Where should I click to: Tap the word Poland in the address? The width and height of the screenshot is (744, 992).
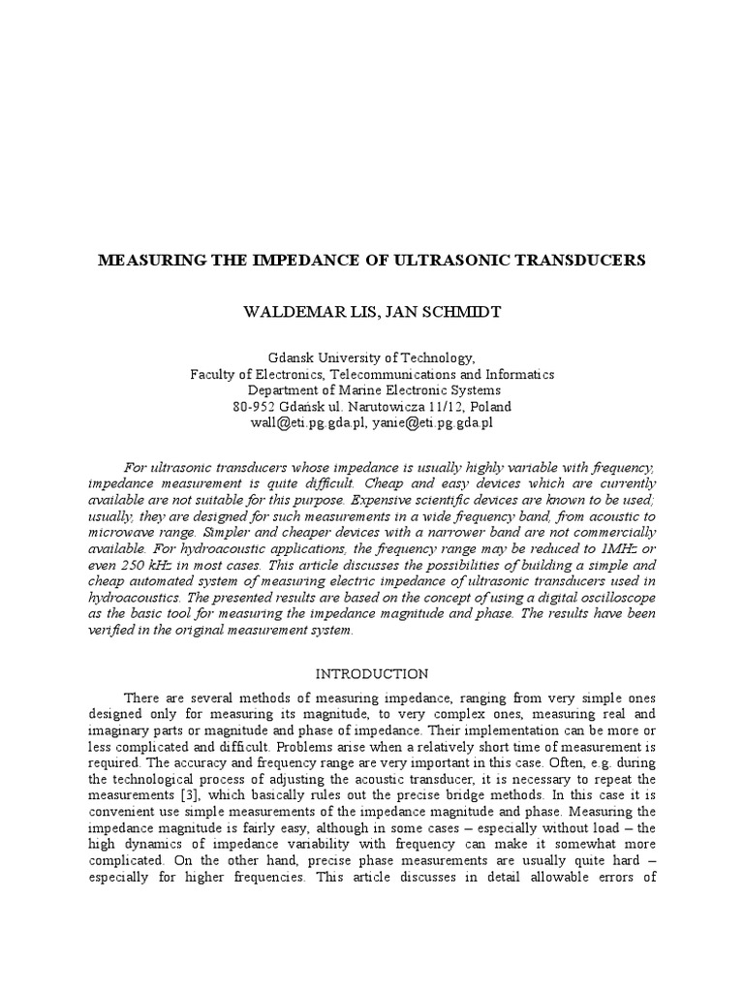point(489,407)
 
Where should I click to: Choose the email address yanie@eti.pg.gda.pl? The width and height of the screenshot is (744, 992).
point(434,423)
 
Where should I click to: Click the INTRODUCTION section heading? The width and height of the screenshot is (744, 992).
point(372,673)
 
